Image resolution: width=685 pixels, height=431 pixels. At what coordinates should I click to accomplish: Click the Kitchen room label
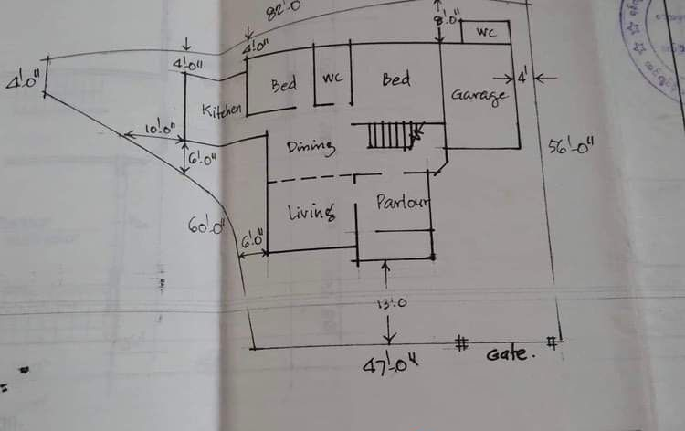click(222, 110)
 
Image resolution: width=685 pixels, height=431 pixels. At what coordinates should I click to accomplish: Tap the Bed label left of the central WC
click(284, 84)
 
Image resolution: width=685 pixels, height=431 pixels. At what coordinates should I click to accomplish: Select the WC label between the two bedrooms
click(331, 79)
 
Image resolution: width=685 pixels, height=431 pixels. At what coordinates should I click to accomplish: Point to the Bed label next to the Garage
click(395, 80)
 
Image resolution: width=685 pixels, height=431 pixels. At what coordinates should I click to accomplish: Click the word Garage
click(477, 96)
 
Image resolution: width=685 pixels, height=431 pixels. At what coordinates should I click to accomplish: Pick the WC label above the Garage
click(486, 33)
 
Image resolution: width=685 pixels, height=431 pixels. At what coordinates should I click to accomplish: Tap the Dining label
click(311, 147)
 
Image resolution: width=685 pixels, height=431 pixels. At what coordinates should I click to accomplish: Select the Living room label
click(310, 213)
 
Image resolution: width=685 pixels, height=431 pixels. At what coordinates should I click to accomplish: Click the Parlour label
click(403, 201)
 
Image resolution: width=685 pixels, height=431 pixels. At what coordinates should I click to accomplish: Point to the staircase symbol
click(390, 137)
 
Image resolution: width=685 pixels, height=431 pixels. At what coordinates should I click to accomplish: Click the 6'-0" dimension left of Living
click(253, 241)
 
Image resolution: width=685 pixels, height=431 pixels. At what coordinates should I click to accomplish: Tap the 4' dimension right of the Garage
click(522, 78)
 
